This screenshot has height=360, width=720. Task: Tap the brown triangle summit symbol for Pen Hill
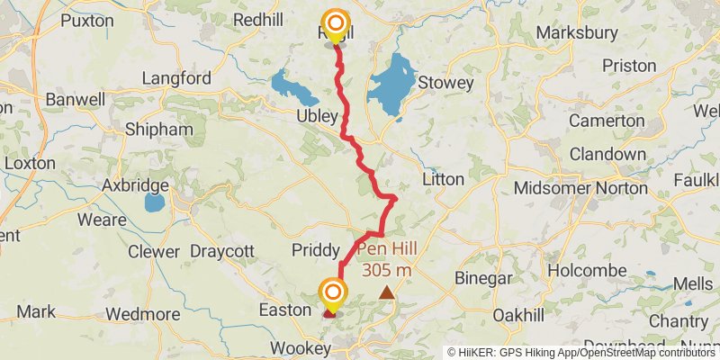point(387,292)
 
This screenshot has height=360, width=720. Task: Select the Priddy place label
point(315,249)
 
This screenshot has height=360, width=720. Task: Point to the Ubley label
point(317,117)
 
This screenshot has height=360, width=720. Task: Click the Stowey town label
point(445,83)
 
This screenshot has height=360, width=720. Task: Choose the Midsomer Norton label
point(580,188)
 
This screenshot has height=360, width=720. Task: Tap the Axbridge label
point(136,185)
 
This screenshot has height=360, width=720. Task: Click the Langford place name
point(176,78)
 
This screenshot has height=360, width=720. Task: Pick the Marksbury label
point(577,32)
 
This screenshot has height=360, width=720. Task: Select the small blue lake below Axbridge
point(154,202)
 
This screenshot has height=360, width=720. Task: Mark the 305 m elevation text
point(387,269)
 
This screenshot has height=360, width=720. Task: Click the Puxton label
point(87,20)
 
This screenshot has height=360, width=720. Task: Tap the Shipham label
point(159,130)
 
